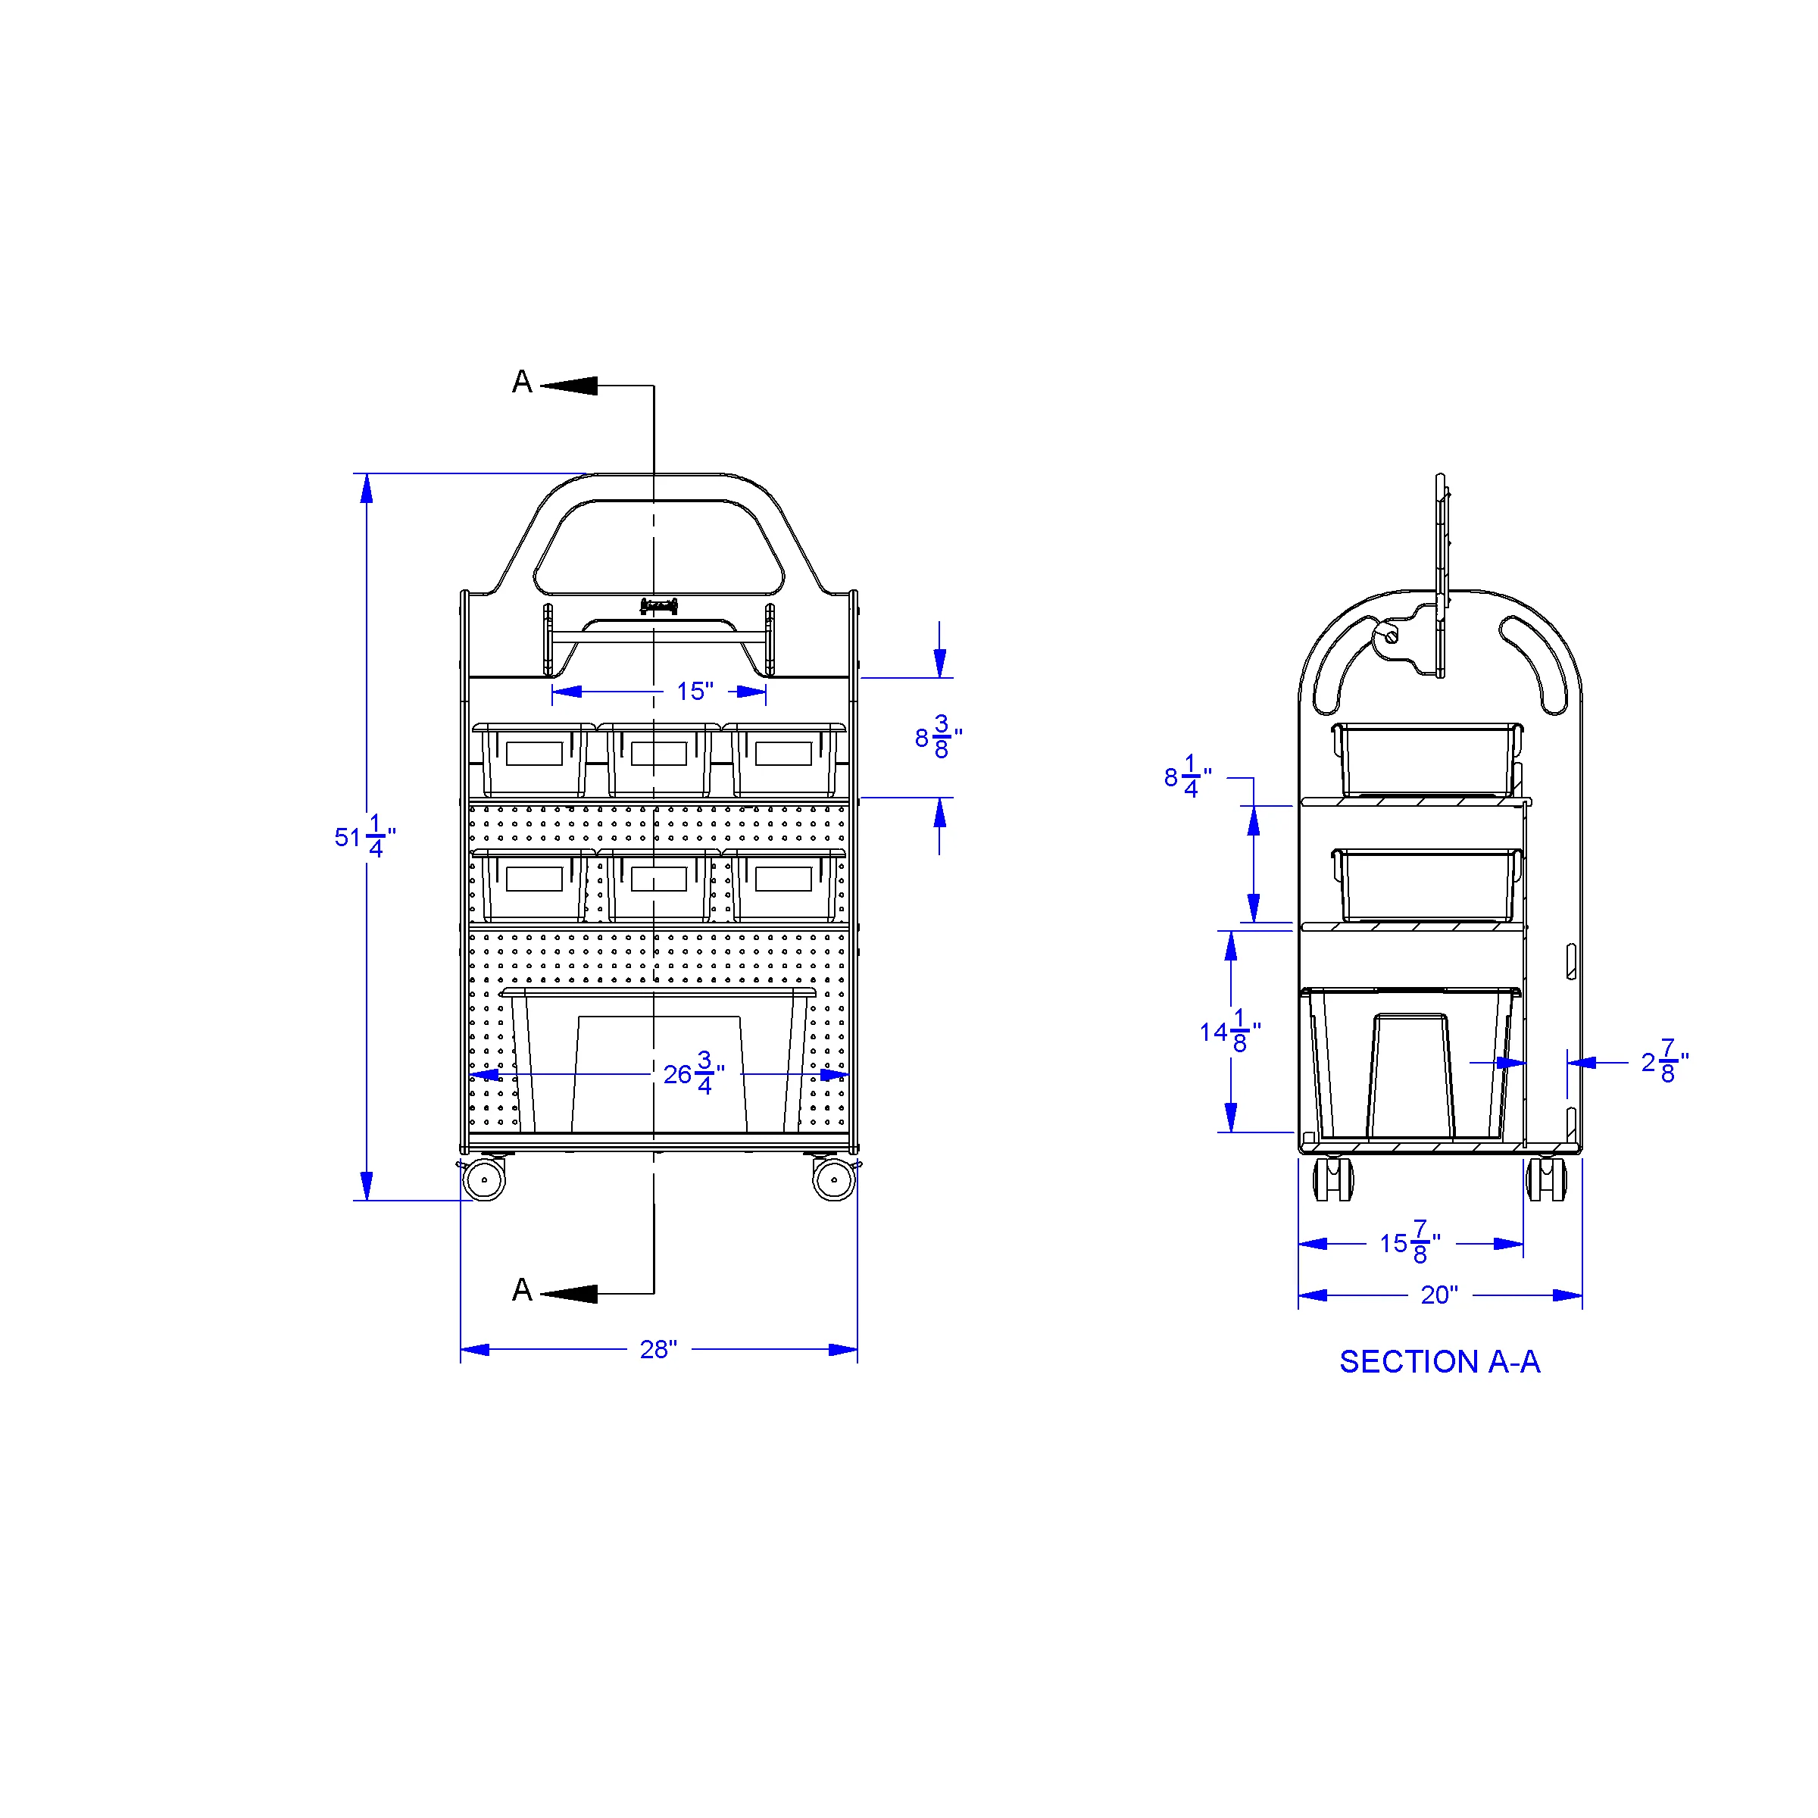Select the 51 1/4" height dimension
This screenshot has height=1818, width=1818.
(365, 836)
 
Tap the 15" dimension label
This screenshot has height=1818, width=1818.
(695, 692)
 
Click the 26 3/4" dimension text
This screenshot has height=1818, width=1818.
(694, 1073)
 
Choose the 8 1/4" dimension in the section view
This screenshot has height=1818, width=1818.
(1188, 776)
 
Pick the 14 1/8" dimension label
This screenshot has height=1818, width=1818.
(1230, 1031)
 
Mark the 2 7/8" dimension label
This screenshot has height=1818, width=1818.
(1665, 1061)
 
